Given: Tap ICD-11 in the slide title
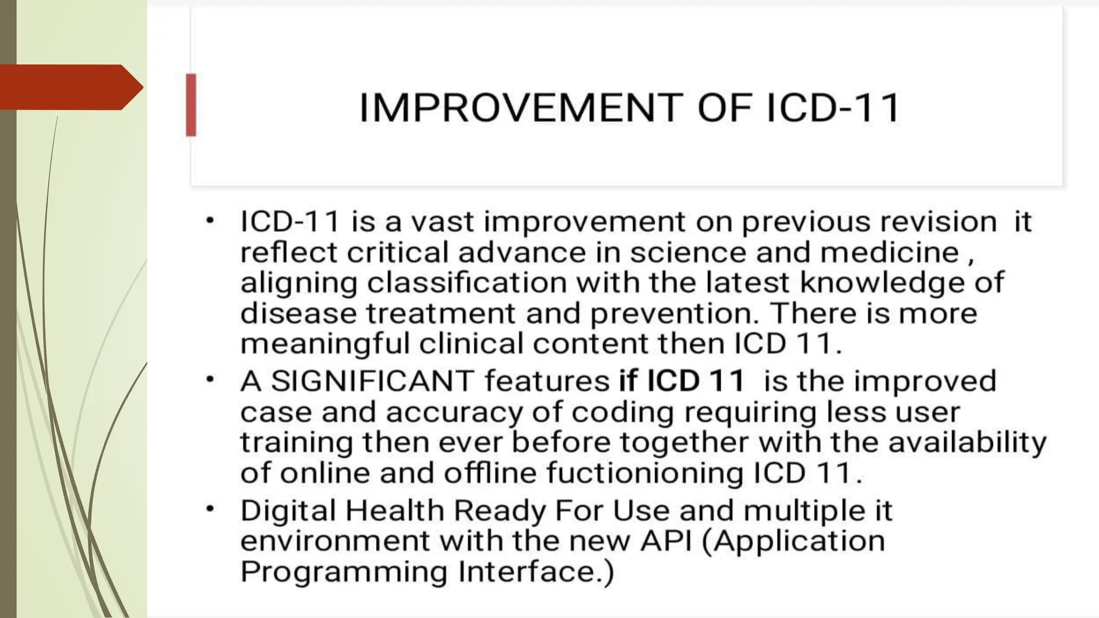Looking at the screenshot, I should coord(833,108).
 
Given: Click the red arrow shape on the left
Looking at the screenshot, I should coord(70,87).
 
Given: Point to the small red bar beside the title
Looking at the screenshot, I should coord(191,105).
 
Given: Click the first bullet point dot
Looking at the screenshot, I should coord(210,220).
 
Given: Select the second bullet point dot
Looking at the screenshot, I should coord(210,380).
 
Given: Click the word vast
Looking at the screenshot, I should coord(443,222).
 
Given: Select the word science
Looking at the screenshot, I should coord(688,252).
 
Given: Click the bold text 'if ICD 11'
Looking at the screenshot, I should coord(682,381).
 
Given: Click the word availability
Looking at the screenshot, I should coord(967,443).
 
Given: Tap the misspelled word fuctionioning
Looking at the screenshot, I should coord(645,474).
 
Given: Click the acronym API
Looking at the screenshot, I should coord(665,541).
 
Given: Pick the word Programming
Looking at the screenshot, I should coord(344,572).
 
